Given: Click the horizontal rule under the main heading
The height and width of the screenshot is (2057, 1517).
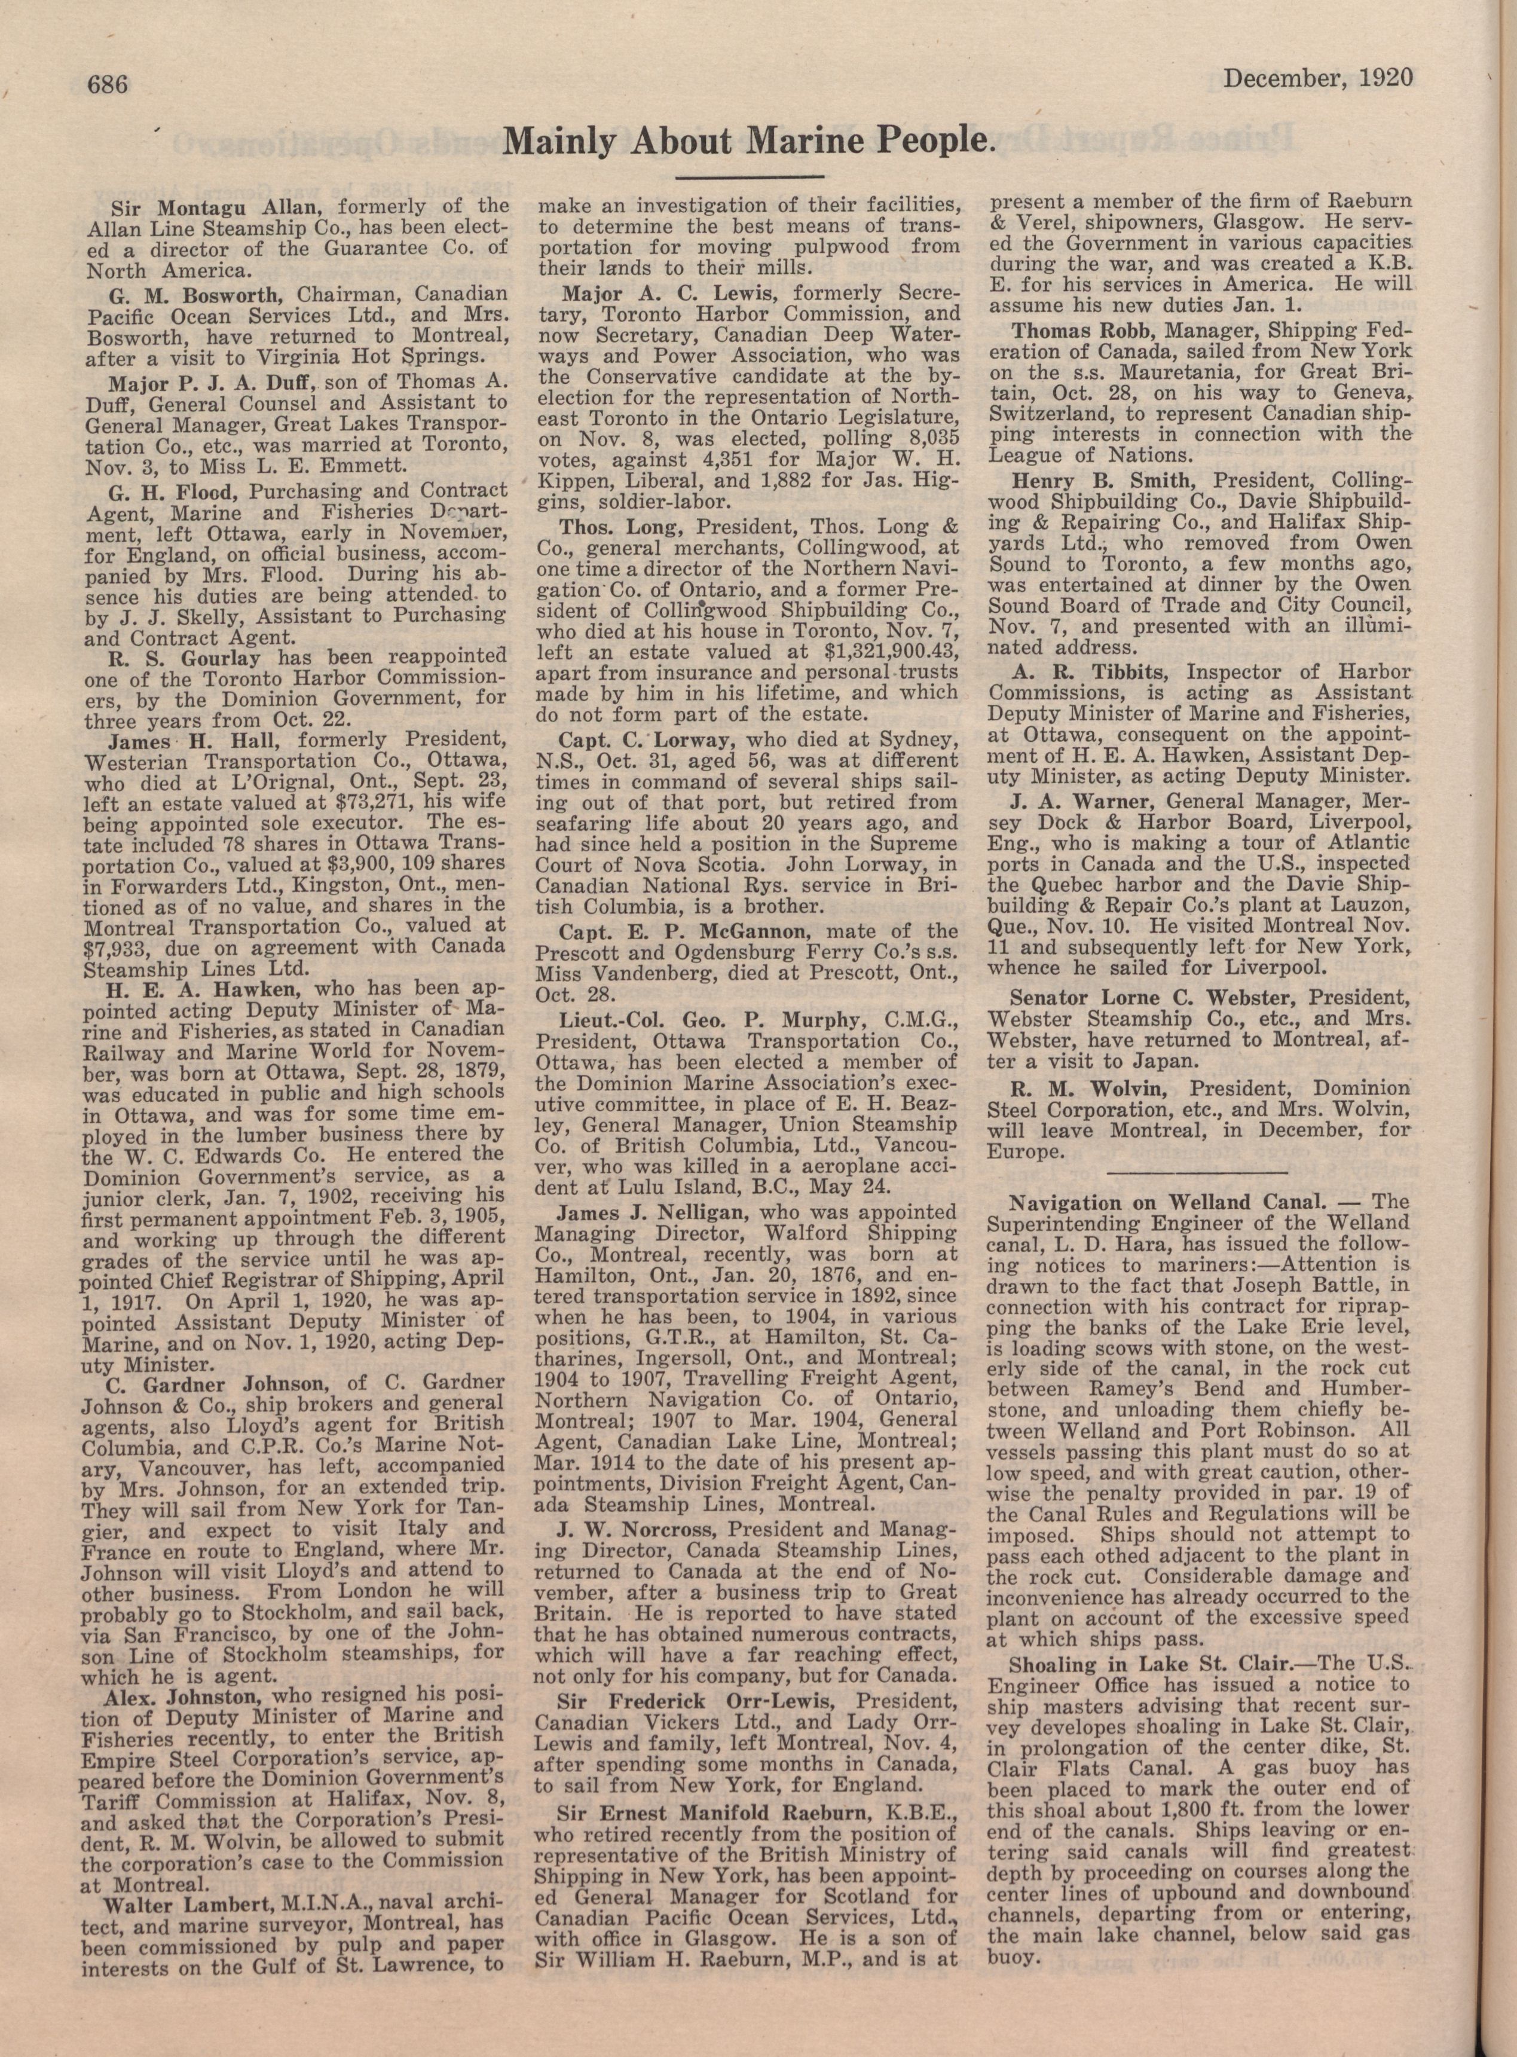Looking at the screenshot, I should [x=748, y=175].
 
